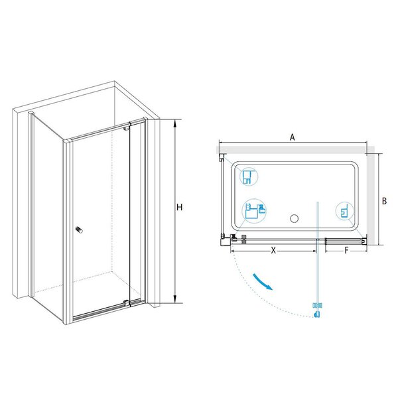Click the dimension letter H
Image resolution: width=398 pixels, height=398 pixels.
pos(180,208)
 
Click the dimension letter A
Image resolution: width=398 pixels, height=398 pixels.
pos(293,137)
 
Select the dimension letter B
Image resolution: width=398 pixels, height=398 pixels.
pos(384,201)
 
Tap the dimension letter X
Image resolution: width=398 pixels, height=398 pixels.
pos(273,251)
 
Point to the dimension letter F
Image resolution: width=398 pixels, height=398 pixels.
pos(346,251)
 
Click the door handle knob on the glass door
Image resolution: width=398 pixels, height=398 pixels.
pos(80,230)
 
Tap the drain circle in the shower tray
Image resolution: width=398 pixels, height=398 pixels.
pos(294,218)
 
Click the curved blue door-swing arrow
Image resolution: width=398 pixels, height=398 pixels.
pos(262,281)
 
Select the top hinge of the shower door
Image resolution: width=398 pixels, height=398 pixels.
pos(126,127)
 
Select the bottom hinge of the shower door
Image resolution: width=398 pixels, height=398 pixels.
pos(126,302)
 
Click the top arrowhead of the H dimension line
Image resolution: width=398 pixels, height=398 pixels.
pos(174,122)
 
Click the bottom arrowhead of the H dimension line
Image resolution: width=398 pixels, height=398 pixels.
pos(174,300)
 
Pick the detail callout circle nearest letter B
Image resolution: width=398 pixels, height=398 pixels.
pos(344,211)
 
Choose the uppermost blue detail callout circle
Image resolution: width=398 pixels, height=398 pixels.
pos(249,176)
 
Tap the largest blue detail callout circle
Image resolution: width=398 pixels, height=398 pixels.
pos(254,211)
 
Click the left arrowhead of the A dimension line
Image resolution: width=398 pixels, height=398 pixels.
pos(222,143)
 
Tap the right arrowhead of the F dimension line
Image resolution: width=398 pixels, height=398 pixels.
pos(365,251)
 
